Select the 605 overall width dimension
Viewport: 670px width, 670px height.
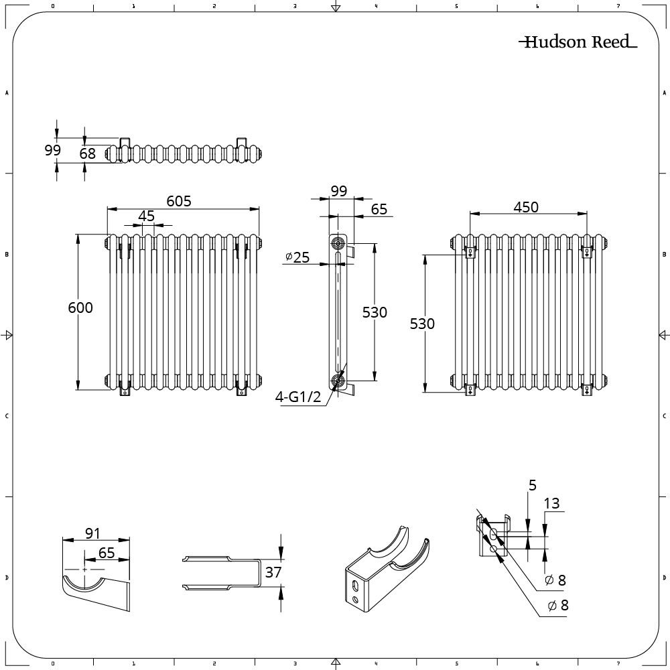coord(180,200)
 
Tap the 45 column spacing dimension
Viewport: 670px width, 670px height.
coord(146,216)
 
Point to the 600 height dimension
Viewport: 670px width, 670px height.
coord(80,308)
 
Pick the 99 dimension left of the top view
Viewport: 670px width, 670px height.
coord(53,150)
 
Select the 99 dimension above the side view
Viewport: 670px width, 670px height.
coord(339,191)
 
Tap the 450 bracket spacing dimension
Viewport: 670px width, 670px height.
coord(526,207)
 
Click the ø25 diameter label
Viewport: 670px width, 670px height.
coord(297,257)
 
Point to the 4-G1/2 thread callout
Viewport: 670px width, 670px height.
coord(299,397)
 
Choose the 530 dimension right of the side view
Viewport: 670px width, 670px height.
coord(375,312)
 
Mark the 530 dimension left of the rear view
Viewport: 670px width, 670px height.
coord(422,324)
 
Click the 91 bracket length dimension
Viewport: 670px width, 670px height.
coord(92,533)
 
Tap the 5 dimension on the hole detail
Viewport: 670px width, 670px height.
coord(533,485)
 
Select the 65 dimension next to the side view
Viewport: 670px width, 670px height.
coord(379,209)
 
